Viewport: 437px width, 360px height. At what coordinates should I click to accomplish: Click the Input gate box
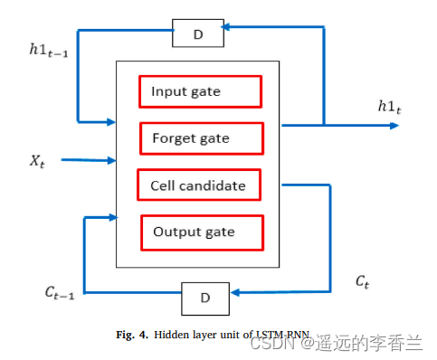199,91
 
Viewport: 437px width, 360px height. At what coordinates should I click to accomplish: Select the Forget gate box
202,138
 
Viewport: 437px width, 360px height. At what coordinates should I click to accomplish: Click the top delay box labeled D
199,34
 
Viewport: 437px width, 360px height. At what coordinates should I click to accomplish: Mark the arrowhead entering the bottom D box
233,290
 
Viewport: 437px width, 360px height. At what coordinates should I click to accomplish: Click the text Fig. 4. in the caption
132,333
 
